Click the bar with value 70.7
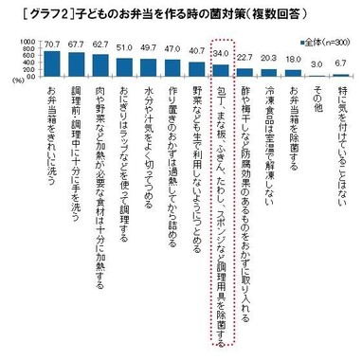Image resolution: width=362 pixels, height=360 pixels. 52,62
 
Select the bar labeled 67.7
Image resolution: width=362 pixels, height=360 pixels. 77,63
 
